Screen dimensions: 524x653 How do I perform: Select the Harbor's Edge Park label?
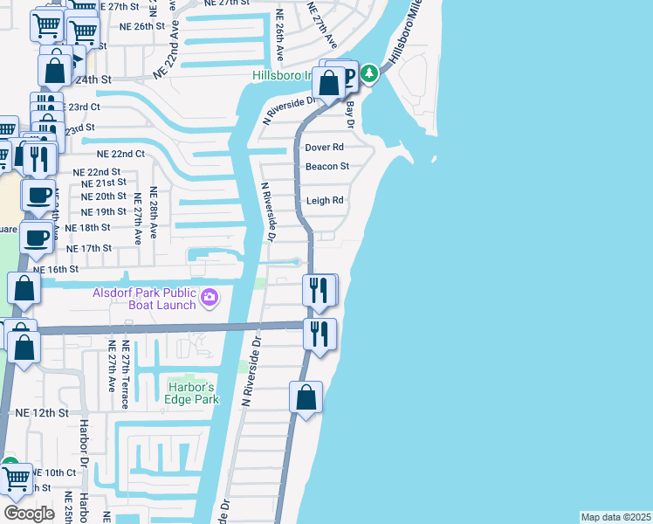click(191, 393)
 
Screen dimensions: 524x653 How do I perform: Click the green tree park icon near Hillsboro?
click(370, 72)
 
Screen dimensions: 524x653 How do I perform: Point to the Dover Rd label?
click(325, 148)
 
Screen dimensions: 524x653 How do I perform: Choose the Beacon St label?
click(326, 166)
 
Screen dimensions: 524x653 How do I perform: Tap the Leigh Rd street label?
click(325, 201)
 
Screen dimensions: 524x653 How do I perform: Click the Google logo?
click(30, 513)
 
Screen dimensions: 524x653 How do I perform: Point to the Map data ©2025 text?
click(615, 517)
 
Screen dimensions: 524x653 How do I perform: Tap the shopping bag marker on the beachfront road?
click(306, 398)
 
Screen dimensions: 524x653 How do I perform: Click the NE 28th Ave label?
click(154, 213)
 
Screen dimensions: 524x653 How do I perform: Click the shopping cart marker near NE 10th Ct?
click(17, 479)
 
